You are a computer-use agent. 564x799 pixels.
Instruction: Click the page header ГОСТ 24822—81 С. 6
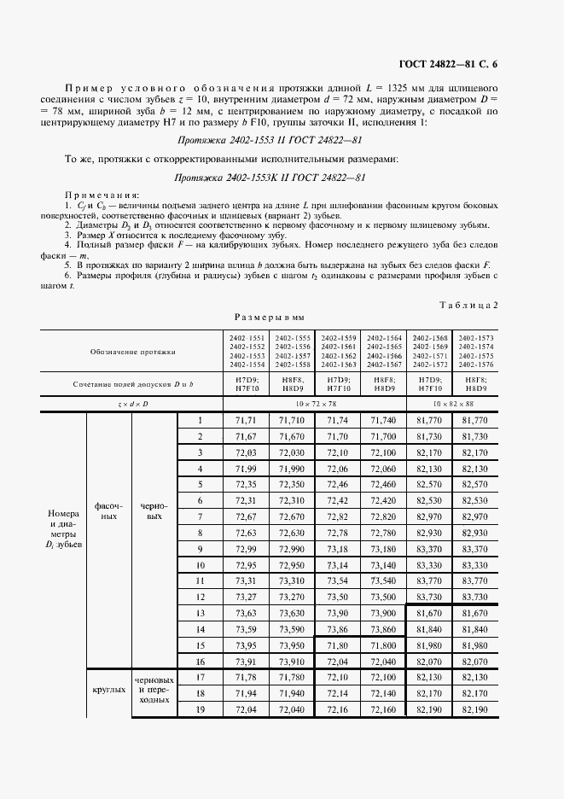[x=477, y=66]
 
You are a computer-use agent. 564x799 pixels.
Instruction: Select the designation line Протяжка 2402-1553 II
[x=270, y=140]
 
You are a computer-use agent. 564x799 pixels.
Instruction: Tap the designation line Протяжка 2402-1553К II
[x=270, y=178]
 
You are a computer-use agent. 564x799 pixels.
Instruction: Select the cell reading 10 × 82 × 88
[x=451, y=401]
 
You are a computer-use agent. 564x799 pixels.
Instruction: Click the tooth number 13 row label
[x=201, y=613]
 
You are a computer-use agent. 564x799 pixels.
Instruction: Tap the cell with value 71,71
[x=246, y=421]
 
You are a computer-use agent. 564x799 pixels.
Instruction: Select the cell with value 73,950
[x=292, y=644]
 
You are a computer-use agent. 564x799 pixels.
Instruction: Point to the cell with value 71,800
[x=383, y=644]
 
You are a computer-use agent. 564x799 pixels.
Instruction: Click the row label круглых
[x=109, y=693]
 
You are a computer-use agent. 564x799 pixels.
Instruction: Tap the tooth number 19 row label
[x=201, y=709]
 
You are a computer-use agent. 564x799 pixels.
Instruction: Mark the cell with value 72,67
[x=246, y=517]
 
